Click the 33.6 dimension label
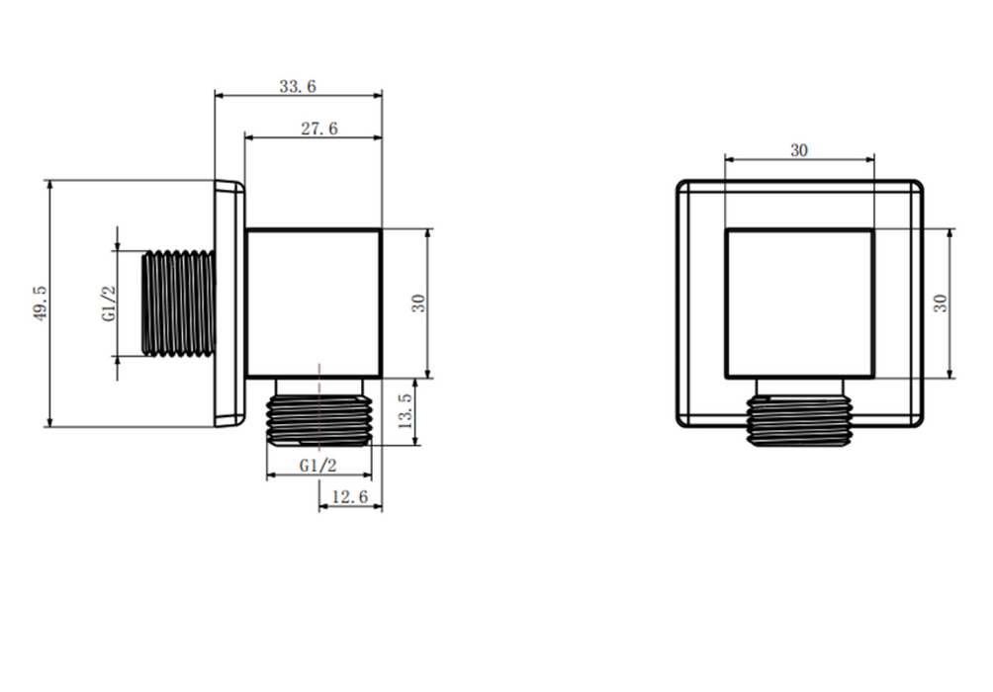pyautogui.click(x=298, y=86)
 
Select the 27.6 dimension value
pyautogui.click(x=319, y=129)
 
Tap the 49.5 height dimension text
pyautogui.click(x=40, y=303)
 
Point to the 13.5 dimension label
pyautogui.click(x=405, y=411)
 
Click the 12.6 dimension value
pyautogui.click(x=349, y=496)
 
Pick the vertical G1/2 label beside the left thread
pyautogui.click(x=109, y=303)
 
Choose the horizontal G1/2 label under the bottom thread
pyautogui.click(x=317, y=466)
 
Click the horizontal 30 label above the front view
pyautogui.click(x=799, y=150)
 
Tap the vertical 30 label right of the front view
pyautogui.click(x=941, y=303)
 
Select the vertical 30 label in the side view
pyautogui.click(x=418, y=303)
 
